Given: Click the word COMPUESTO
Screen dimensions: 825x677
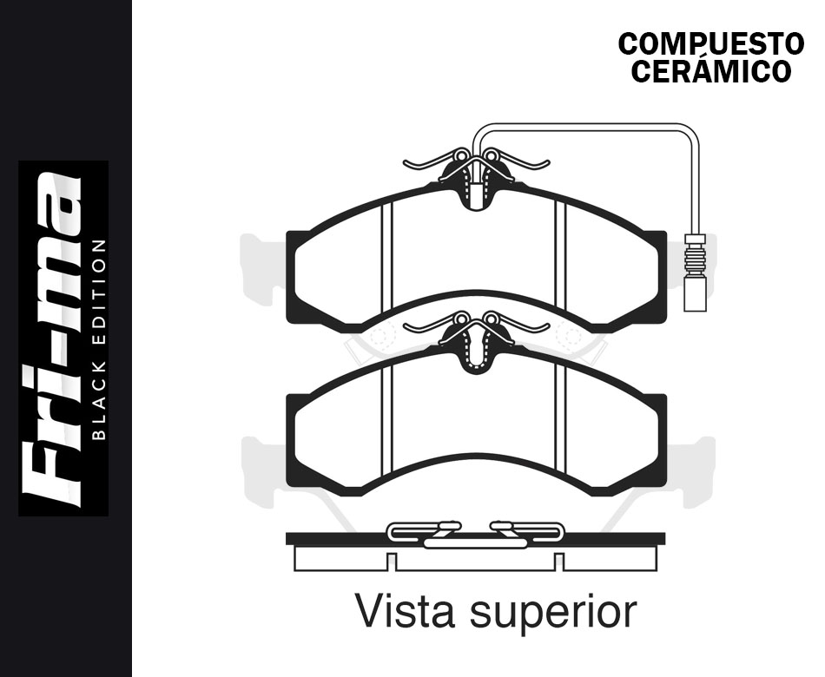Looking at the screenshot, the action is point(711,44).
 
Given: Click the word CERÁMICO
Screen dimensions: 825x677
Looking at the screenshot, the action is point(711,71).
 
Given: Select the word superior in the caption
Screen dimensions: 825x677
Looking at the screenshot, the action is point(553,613).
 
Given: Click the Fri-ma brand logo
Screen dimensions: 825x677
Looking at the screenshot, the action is point(51,339).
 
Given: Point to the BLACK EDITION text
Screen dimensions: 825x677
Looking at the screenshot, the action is point(99,339).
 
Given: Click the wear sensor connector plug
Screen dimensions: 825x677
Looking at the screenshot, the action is point(696,293).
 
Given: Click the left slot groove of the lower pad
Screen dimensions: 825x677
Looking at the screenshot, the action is point(386,418).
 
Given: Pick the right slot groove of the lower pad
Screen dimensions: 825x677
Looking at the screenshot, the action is point(560,418).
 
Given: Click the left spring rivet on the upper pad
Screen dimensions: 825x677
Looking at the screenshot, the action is point(461,155).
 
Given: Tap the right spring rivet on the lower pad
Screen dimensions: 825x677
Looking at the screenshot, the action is point(491,319).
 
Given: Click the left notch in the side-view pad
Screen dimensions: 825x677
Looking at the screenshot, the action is point(392,562).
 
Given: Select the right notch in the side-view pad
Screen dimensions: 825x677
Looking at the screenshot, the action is point(559,562).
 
